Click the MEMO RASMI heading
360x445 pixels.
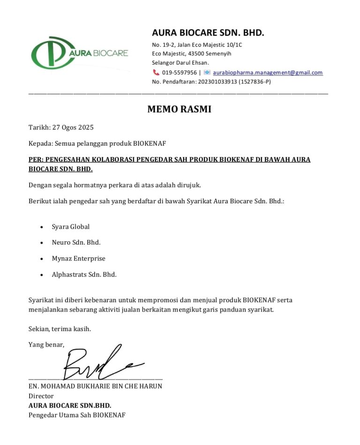179,110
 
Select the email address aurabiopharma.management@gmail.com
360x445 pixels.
268,73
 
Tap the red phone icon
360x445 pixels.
156,73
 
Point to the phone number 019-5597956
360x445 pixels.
180,73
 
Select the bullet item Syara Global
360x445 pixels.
70,227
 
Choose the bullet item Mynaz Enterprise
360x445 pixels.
78,259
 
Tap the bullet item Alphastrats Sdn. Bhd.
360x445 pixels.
84,274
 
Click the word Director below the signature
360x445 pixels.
41,396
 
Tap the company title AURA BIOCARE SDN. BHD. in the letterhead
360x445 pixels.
208,33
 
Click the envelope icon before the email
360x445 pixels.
207,73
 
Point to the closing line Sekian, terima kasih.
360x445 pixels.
60,329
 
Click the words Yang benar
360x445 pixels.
46,345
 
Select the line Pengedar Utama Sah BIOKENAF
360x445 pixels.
77,415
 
